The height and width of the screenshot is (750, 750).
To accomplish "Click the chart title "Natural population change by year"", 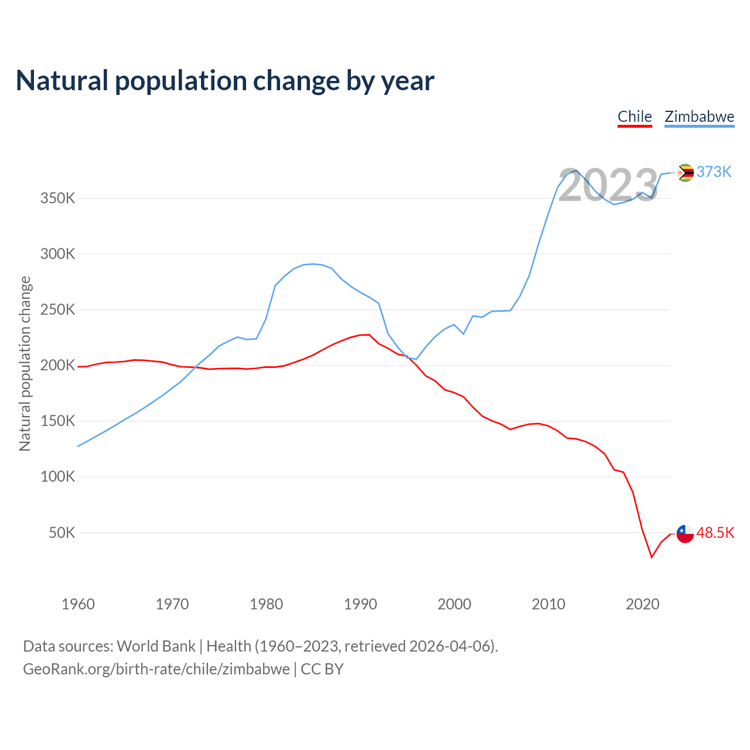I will point(225,81).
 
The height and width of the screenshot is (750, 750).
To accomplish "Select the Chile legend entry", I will point(635,117).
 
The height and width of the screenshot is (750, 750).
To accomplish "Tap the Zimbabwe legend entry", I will point(699,117).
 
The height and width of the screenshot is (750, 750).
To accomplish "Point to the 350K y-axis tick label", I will point(58,198).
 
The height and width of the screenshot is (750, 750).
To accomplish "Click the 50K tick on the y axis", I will point(62,533).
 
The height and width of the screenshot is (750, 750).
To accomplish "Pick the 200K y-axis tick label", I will point(58,366).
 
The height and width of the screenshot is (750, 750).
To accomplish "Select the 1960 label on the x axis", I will point(78,604).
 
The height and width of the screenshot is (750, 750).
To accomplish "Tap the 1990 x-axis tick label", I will point(360,604).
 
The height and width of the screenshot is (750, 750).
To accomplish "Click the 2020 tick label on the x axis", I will point(643,604).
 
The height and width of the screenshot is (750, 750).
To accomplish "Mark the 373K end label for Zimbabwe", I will point(714,172).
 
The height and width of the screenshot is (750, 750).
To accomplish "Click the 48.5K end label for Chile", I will point(715,533).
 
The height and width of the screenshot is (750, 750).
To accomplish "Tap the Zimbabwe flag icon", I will point(685,173).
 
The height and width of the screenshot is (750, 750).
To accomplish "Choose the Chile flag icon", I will point(685,534).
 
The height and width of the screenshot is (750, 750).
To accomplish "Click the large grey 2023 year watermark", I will point(608,186).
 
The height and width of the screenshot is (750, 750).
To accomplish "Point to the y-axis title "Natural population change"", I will point(25,364).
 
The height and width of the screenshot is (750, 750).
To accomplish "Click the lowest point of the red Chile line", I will point(652,557).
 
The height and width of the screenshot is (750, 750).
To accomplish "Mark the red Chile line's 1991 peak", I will point(369,335).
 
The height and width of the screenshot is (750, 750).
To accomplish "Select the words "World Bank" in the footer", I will point(156,646).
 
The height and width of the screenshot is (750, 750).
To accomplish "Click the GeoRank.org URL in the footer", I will point(156,669).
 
